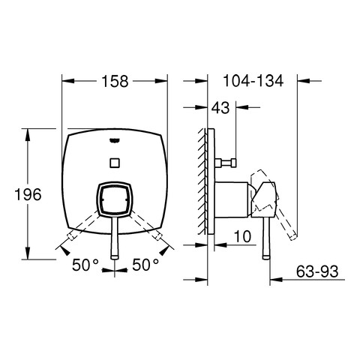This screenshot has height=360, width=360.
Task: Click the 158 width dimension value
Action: [x=115, y=81]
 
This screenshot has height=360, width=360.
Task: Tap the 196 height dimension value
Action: [x=28, y=194]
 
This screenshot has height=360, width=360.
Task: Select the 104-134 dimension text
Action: [x=253, y=81]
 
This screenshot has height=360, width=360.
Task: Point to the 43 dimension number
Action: [x=220, y=108]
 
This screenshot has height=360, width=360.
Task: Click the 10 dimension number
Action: [x=242, y=236]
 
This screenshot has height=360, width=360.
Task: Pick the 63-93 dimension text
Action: [x=317, y=271]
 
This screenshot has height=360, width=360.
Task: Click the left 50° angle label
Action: [x=85, y=265]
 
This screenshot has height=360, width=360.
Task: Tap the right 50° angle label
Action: [x=145, y=265]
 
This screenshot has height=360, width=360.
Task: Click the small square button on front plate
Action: [x=115, y=163]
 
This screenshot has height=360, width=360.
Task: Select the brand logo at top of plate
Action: [x=115, y=140]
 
